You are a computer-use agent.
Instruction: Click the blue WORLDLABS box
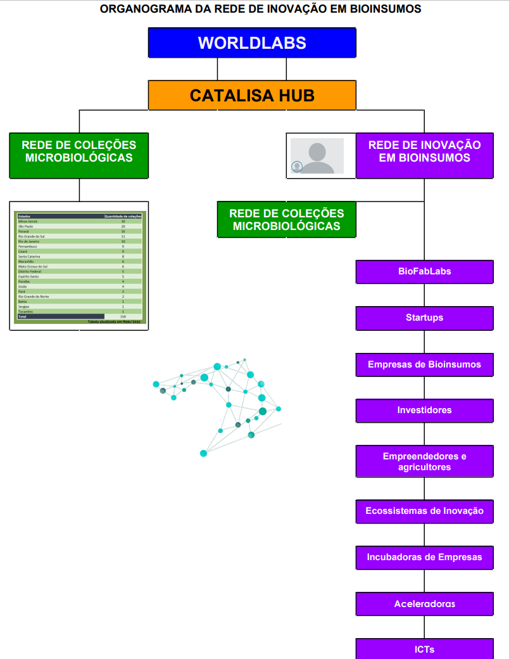(x=252, y=42)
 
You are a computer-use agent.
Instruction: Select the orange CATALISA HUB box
(x=252, y=95)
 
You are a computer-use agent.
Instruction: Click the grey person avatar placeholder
(x=317, y=156)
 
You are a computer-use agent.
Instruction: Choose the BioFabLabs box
(x=424, y=272)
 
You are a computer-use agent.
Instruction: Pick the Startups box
(x=424, y=318)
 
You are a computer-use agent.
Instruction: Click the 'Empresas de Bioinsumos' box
(x=424, y=364)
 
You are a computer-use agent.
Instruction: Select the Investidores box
(x=424, y=411)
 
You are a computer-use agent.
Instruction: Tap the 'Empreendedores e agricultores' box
(x=424, y=461)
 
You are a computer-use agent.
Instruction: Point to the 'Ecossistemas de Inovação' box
(x=424, y=511)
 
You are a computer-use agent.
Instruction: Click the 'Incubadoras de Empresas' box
(x=424, y=558)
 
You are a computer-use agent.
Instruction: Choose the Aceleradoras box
(x=424, y=604)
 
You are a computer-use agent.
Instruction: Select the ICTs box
(x=424, y=649)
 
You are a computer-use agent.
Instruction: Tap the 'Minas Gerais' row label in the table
(x=28, y=221)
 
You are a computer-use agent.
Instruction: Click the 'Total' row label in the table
(x=22, y=316)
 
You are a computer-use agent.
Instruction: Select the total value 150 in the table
(x=123, y=316)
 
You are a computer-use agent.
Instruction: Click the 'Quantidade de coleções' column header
(x=123, y=216)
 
